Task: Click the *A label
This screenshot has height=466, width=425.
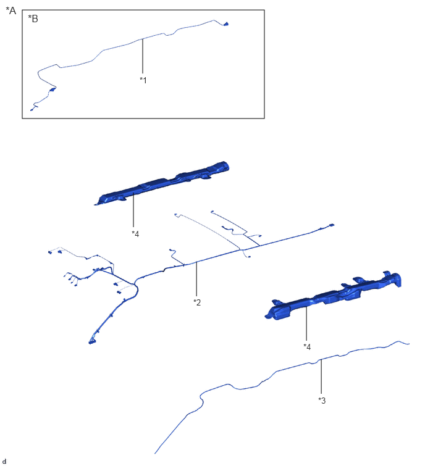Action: tap(11, 10)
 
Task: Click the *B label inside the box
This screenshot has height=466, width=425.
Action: tap(33, 19)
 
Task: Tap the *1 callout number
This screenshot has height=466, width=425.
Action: tap(143, 80)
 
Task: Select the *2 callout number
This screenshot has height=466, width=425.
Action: tap(197, 302)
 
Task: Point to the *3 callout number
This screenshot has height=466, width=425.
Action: tap(322, 401)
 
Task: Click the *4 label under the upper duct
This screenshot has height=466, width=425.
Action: tap(135, 234)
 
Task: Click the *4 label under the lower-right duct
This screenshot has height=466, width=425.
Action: tap(307, 346)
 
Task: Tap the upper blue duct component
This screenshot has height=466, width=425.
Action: tap(162, 184)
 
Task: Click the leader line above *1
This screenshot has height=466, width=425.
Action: tap(143, 56)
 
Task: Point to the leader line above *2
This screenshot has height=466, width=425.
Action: tap(196, 279)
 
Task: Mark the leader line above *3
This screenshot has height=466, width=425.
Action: tap(321, 377)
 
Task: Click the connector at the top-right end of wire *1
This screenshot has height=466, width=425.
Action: tap(226, 24)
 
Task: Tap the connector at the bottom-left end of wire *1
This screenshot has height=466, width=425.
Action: tap(32, 110)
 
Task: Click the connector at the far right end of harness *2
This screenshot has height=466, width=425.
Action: tap(331, 225)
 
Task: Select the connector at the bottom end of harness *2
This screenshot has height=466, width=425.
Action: tap(92, 342)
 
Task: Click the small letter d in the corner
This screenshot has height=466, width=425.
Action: tap(4, 461)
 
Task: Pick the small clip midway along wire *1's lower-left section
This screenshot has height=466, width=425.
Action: tap(53, 89)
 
